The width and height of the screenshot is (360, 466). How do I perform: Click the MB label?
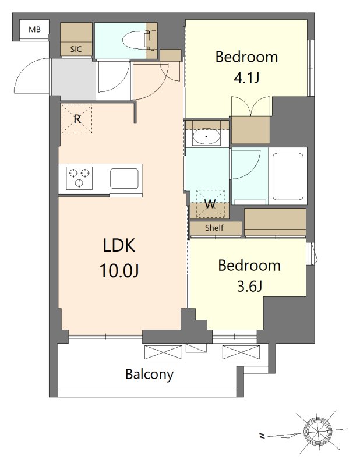coord(34,30)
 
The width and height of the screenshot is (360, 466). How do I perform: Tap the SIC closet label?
coord(76,49)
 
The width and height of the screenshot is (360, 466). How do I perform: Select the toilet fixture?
coord(139,40)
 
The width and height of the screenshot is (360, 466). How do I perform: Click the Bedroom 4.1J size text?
coord(247,78)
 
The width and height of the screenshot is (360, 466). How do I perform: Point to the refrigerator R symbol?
coord(77,119)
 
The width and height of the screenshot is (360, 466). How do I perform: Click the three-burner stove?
coord(79,178)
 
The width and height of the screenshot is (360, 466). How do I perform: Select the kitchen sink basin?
coord(124,178)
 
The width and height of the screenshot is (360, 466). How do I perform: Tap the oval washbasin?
coord(206,137)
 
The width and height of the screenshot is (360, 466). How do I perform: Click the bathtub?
coord(288,176)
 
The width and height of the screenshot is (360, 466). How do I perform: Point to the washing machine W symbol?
coord(210,204)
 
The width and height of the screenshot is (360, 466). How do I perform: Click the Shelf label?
coord(214,228)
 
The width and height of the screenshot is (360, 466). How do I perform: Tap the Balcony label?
coord(150,374)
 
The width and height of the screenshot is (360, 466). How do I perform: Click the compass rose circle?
coord(318,431)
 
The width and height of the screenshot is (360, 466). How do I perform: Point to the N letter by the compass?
coord(262,436)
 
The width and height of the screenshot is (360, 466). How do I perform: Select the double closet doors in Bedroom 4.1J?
coord(251,106)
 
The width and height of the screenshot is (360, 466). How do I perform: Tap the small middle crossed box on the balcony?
coord(196,348)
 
